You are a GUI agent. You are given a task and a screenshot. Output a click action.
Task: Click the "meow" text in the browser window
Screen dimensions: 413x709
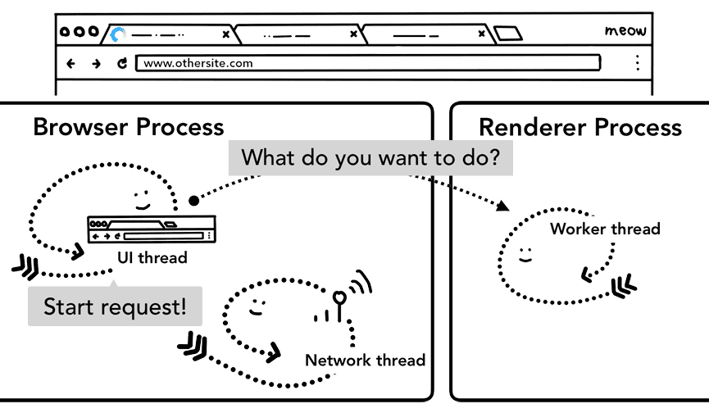[x=625, y=31]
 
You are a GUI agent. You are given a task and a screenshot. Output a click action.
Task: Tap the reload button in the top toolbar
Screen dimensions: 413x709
[x=122, y=63]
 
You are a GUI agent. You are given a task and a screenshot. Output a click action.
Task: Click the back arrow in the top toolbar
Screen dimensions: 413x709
[x=70, y=63]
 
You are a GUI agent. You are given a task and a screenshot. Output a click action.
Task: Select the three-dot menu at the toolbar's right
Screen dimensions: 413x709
[x=637, y=63]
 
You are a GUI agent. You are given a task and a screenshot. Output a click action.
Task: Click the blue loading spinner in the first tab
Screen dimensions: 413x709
[x=119, y=34]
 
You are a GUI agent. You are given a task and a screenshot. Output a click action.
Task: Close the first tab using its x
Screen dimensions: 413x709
[x=225, y=34]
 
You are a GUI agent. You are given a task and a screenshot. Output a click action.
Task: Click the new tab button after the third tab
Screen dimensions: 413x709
[x=508, y=34]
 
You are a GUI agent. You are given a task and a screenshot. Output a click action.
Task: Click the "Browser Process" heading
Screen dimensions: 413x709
[x=128, y=127]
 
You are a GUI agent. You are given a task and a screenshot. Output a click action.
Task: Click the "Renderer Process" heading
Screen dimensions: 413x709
[x=579, y=127]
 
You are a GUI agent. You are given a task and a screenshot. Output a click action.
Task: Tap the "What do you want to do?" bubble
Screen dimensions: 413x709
[x=370, y=157]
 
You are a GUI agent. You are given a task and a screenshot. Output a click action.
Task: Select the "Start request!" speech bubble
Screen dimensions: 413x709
[x=115, y=307]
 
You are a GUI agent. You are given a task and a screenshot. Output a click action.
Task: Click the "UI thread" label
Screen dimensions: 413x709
[x=152, y=258]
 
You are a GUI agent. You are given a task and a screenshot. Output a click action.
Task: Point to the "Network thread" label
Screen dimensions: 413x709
[x=365, y=360]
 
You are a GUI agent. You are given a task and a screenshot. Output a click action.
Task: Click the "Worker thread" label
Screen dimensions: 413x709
[x=605, y=229]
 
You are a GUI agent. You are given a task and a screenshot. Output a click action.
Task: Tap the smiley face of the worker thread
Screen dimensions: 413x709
[x=525, y=254]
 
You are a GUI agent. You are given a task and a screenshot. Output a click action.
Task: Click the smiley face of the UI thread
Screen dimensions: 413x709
[x=141, y=200]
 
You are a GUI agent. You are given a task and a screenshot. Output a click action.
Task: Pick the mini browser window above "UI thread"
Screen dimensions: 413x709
[x=151, y=229]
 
